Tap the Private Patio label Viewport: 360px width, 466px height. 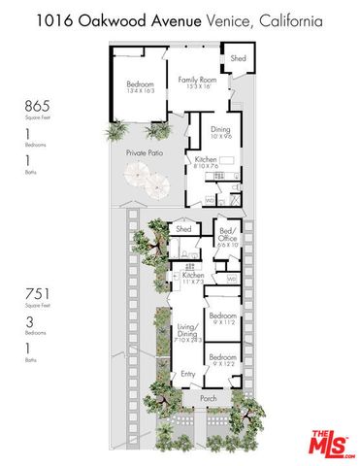click(143, 153)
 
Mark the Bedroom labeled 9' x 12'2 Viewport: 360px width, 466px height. click(223, 359)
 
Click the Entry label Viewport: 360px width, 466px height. click(187, 373)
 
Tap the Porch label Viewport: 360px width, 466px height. click(208, 397)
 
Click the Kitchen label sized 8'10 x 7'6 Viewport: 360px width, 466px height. click(205, 161)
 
